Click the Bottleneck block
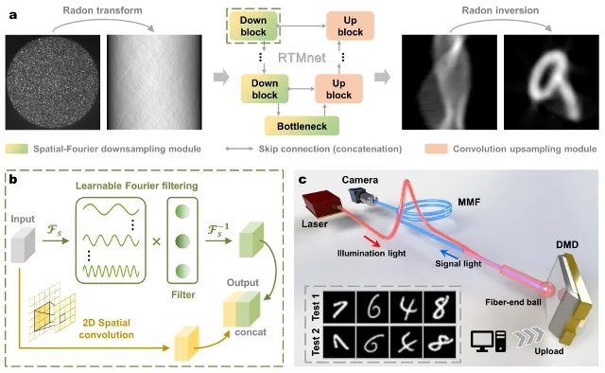pos(302,126)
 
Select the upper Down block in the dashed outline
pos(253,26)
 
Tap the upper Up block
pos(350,26)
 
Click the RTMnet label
pos(302,58)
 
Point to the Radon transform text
pos(103,10)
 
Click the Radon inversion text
pos(500,10)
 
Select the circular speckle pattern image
pos(53,82)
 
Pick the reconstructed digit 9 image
pos(551,82)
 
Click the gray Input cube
pos(23,244)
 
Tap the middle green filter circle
pos(182,241)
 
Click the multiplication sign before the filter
pos(156,242)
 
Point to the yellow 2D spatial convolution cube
pos(187,344)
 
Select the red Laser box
pos(322,204)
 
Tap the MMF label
pos(469,202)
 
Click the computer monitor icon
pos(482,342)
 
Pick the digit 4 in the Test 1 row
pos(406,308)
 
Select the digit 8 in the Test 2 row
pos(440,342)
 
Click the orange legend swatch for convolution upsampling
pos(436,149)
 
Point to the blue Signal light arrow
pos(450,255)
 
